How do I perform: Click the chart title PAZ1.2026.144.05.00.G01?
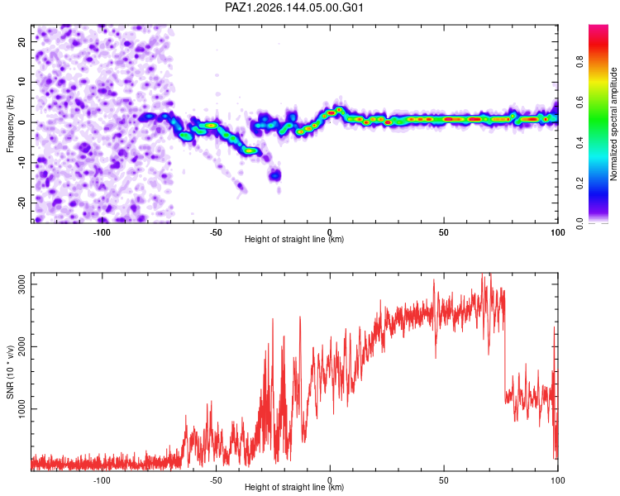pos(293,7)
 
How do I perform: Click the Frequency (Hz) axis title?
pos(10,124)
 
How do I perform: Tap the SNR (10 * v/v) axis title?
pos(10,372)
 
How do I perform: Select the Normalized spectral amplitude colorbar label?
pos(613,124)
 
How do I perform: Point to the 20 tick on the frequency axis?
pos(21,41)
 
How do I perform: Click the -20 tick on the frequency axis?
pos(21,203)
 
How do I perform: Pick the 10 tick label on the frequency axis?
pos(21,82)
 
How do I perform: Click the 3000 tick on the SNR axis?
pos(21,284)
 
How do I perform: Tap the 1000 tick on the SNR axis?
pos(21,409)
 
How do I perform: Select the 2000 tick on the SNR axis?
pos(21,347)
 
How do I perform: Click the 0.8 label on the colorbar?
pos(579,62)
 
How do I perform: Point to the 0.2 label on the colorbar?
pos(579,184)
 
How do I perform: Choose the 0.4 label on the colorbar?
pos(579,143)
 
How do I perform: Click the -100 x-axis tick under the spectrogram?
pos(102,232)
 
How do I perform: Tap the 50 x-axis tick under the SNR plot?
pos(444,480)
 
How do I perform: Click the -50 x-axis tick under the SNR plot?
pos(216,480)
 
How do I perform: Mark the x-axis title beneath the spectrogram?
pos(294,239)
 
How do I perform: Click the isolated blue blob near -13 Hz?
pos(274,174)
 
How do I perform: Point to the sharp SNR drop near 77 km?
pos(505,348)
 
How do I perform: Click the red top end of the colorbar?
pos(599,27)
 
